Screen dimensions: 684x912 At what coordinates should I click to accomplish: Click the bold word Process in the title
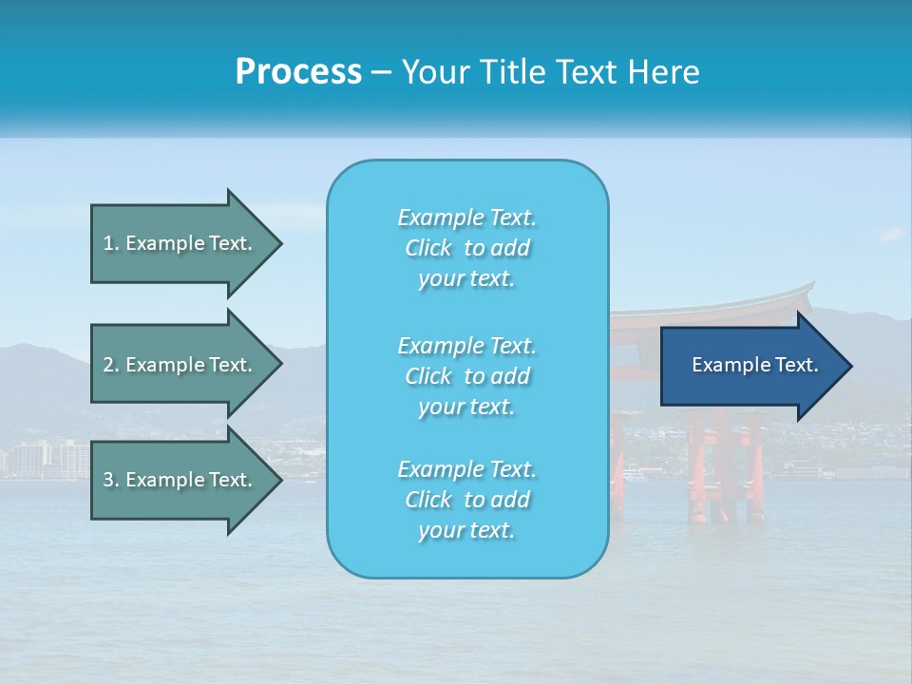(x=298, y=71)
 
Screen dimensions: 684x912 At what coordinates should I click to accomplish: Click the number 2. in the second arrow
(x=111, y=365)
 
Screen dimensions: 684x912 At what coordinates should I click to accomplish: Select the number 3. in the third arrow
(x=111, y=480)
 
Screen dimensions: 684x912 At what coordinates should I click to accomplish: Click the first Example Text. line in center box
(x=466, y=218)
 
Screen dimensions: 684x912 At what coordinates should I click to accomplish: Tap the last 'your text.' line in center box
(x=466, y=530)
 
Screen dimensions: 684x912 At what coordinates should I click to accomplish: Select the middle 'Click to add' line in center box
(x=466, y=376)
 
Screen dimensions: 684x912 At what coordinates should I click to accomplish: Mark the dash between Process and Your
(x=382, y=72)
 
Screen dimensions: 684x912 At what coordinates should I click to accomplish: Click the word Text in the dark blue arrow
(x=796, y=365)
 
